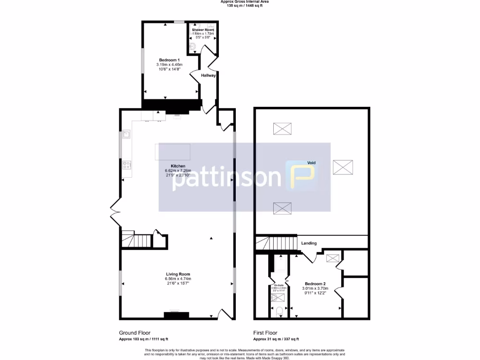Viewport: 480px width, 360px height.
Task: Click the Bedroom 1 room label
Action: (x=169, y=60)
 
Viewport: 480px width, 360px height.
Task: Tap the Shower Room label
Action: (x=203, y=30)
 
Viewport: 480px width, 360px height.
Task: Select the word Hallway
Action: (x=208, y=75)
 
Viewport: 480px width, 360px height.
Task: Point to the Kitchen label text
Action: (x=178, y=166)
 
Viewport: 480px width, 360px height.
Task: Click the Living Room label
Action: (x=178, y=274)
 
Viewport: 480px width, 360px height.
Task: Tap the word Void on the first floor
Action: (x=311, y=163)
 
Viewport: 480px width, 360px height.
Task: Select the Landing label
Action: (x=309, y=243)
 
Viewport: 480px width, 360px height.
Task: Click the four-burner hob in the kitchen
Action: (x=127, y=165)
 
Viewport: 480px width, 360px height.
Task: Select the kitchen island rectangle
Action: (x=172, y=152)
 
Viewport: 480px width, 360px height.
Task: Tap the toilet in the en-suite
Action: (x=279, y=310)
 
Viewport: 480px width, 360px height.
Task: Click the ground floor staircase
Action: (x=137, y=240)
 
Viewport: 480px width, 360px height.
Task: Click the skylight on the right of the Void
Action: (x=344, y=167)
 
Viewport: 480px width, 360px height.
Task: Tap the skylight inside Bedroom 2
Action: (x=332, y=257)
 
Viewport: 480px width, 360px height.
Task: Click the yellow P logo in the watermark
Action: (x=301, y=176)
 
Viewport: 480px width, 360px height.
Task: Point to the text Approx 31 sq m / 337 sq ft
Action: (x=276, y=339)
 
